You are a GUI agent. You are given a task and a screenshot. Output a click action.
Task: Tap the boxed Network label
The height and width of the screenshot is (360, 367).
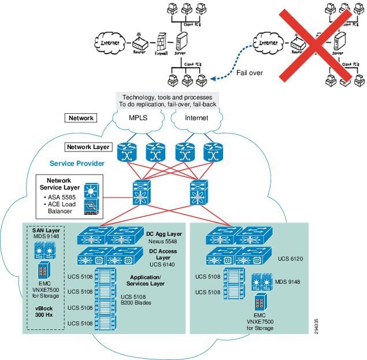coord(81,118)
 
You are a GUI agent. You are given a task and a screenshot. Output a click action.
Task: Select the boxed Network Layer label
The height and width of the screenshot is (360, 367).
coord(88,147)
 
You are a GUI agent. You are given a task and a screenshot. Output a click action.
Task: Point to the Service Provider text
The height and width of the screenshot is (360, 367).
coord(76,164)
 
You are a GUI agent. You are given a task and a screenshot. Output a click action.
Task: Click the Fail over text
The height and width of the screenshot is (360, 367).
coord(250,73)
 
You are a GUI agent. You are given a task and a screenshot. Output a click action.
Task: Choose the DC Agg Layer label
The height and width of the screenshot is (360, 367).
coord(165,233)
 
